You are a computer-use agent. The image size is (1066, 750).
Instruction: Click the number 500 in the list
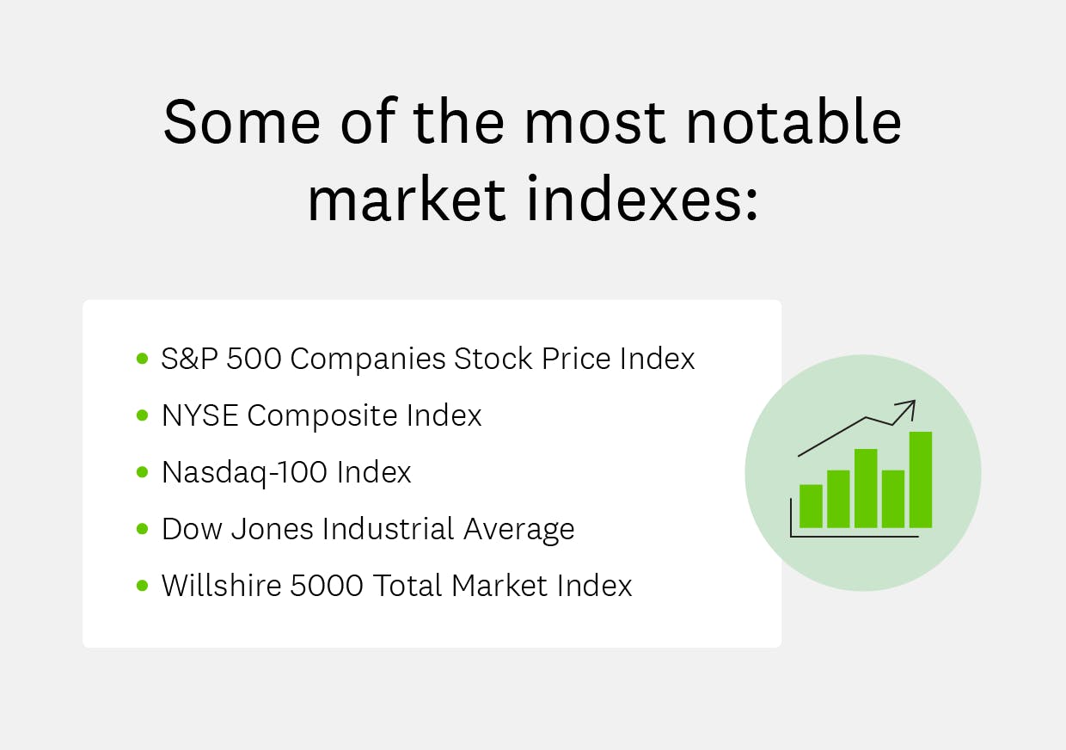point(254,359)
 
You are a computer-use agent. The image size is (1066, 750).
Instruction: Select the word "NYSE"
point(199,415)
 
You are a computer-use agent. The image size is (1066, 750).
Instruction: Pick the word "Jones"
point(274,529)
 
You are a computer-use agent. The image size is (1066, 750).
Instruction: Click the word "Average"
point(519,530)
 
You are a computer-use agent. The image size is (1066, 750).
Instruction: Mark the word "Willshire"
point(221,586)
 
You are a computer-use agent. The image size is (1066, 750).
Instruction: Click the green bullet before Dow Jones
point(142,529)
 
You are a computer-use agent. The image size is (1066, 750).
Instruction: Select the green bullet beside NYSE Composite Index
point(142,415)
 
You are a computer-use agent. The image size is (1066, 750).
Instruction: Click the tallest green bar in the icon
point(921,479)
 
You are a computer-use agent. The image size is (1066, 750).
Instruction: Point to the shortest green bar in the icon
point(811,506)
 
